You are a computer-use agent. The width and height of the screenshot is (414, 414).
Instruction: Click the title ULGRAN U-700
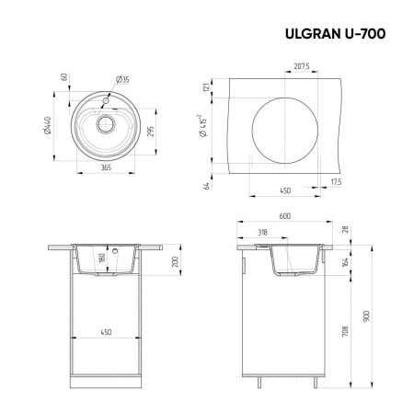pos(332,33)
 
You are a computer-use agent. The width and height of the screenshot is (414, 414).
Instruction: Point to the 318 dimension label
pos(263,233)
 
